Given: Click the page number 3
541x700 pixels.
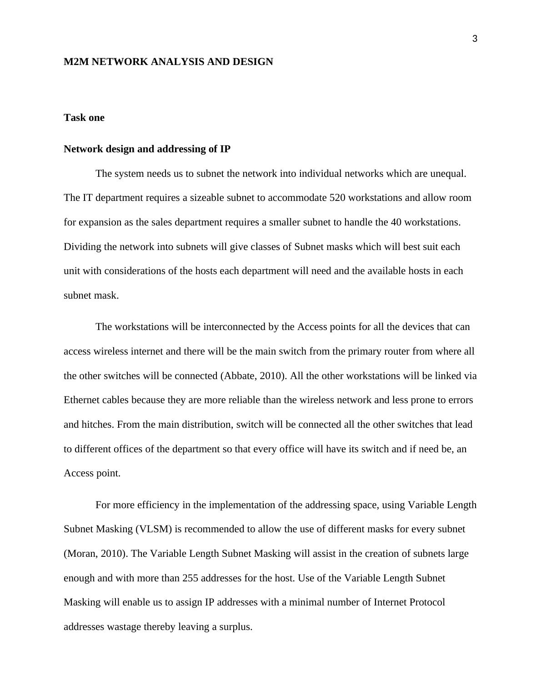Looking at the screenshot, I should pyautogui.click(x=475, y=39).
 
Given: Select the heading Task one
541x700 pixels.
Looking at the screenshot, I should pyautogui.click(x=84, y=118).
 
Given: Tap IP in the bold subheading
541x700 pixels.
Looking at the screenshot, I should pyautogui.click(x=225, y=149).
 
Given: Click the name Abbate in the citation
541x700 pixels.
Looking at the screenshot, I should pyautogui.click(x=237, y=376).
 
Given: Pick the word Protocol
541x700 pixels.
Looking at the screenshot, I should pyautogui.click(x=427, y=602).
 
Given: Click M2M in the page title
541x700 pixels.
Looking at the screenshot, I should pyautogui.click(x=76, y=62).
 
